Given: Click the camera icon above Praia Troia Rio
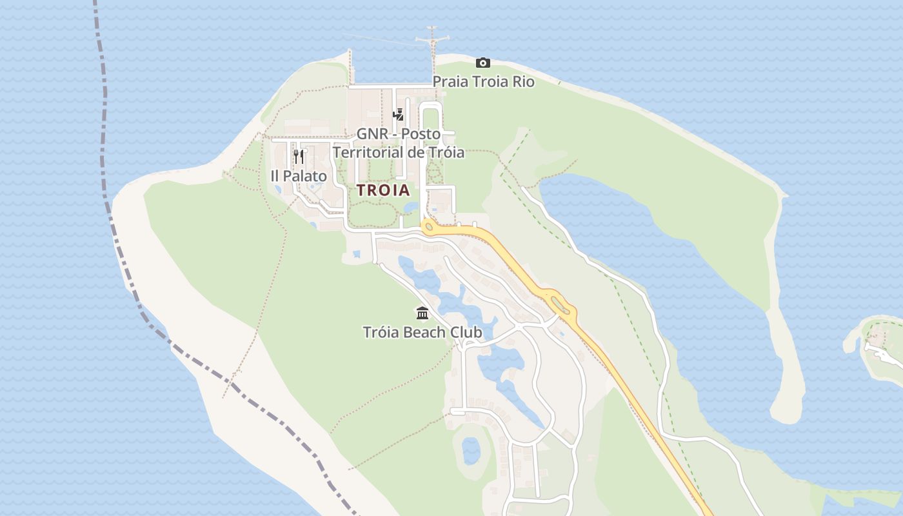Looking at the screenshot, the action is pos(482,63).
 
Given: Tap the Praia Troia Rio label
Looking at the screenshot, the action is pos(483,82).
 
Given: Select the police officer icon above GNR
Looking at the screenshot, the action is pos(399,115).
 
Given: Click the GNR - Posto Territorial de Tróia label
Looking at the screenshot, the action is pos(399,143).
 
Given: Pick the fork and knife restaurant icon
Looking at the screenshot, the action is pos(299,157).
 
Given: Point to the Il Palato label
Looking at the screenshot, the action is pos(299,175).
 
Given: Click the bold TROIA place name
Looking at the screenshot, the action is pos(383,190).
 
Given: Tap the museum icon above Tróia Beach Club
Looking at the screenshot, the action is pos(422,313).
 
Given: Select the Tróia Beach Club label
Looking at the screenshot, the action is pos(422,332).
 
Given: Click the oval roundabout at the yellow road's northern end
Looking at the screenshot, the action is pos(428,226).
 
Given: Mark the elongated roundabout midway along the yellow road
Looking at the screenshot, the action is pos(560,304).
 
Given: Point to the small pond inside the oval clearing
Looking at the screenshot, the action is pos(471,450).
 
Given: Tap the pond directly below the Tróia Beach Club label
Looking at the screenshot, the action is pos(497,361).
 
